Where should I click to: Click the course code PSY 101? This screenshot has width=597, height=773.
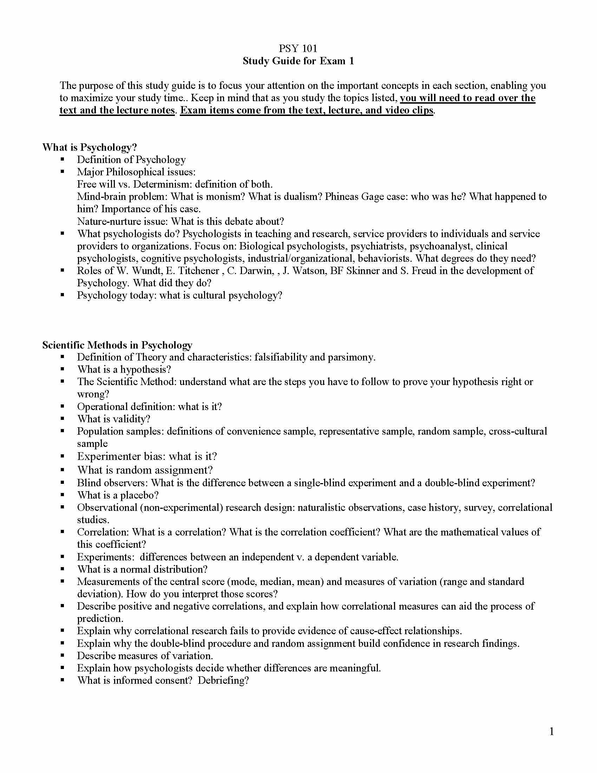tap(298, 48)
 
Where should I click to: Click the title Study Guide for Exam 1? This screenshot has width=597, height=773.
tap(298, 61)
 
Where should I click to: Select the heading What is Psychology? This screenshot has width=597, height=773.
tap(90, 147)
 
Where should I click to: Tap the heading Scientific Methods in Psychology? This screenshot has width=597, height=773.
tap(117, 345)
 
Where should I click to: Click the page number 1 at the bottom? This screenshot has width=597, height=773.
tap(551, 732)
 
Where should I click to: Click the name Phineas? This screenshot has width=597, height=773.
tap(342, 196)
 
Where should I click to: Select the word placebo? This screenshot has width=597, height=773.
tap(139, 495)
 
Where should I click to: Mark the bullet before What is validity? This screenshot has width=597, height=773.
tap(63, 419)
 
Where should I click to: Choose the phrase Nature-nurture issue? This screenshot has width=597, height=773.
tap(122, 221)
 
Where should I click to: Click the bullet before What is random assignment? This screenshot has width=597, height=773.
tap(63, 470)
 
